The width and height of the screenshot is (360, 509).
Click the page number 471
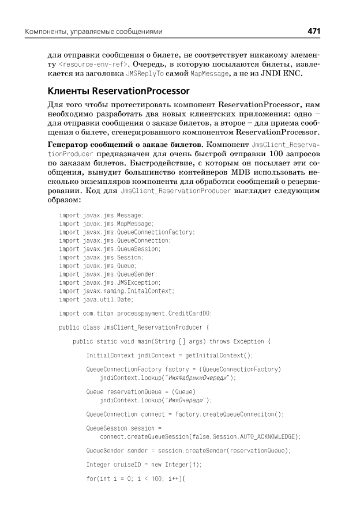point(313,31)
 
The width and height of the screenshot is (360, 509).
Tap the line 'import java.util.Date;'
point(96,299)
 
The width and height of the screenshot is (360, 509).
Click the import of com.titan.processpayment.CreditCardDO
point(136,313)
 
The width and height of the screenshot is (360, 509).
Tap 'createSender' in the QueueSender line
point(227,450)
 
